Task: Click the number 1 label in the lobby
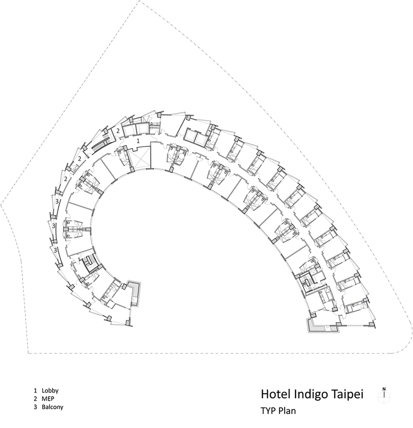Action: point(138,141)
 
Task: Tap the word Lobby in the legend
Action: point(50,391)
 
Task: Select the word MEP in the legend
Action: point(48,399)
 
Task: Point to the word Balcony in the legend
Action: point(53,407)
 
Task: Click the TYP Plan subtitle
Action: point(278,411)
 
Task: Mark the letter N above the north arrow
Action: point(384,389)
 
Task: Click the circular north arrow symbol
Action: point(384,396)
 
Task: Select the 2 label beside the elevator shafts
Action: point(118,131)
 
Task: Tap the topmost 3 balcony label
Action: point(57,202)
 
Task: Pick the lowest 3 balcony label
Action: point(56,250)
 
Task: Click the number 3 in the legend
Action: point(35,407)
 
